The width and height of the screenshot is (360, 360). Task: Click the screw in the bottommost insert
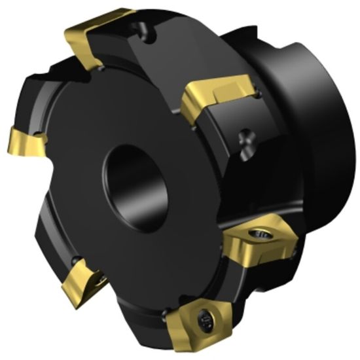[x=202, y=320]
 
